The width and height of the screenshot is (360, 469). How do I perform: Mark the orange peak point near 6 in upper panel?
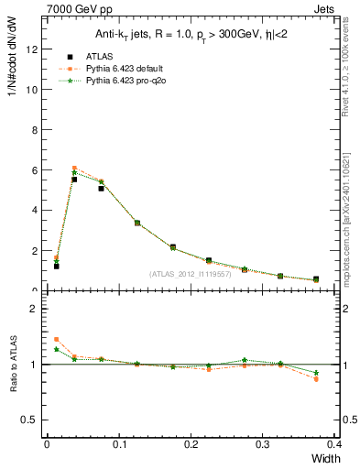click(74, 168)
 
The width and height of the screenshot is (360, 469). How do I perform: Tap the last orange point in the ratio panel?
click(316, 378)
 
